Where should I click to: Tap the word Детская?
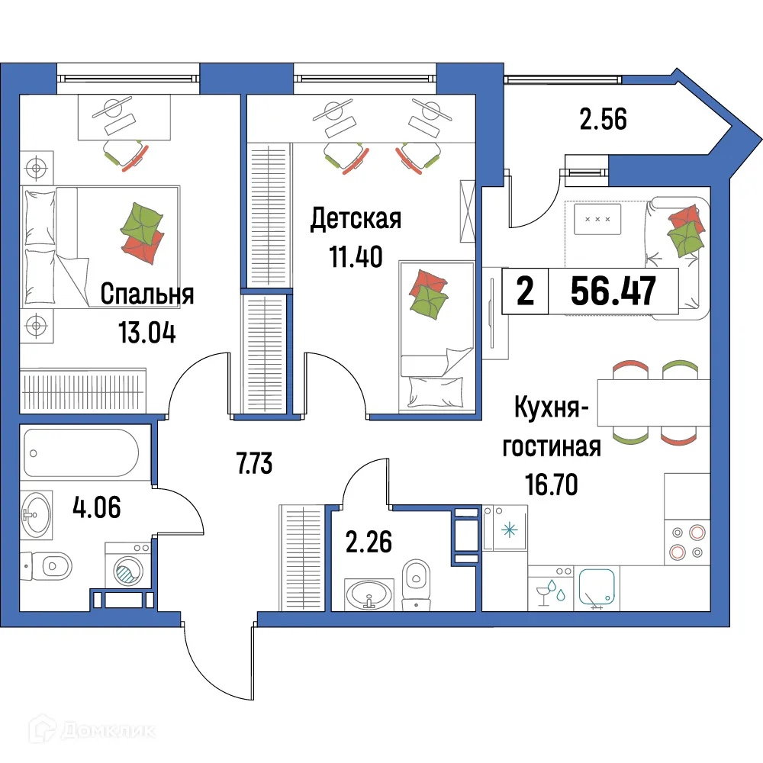coord(356,220)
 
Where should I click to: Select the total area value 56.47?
coord(613,291)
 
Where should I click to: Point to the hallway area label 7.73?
coord(255,463)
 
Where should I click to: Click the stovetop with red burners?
coord(687,542)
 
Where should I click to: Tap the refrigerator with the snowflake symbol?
coord(505,529)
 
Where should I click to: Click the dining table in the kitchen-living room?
coord(655,402)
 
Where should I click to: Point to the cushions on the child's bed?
coord(428,293)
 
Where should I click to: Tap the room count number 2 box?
coord(525,291)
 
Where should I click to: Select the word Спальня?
coord(146,294)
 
